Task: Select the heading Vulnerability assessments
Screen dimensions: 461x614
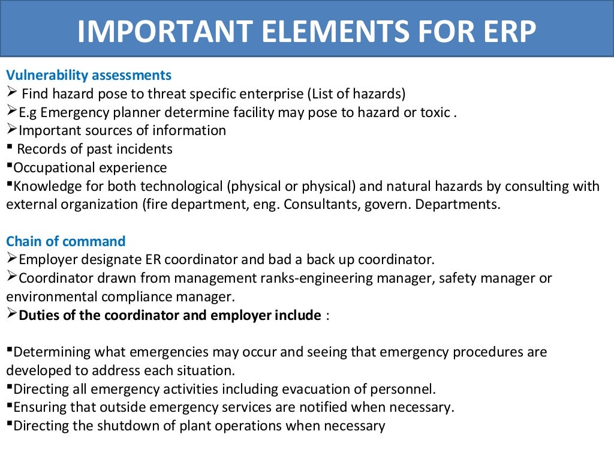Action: click(89, 76)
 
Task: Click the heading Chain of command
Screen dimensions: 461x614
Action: click(66, 241)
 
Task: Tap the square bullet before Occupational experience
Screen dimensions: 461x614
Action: click(10, 166)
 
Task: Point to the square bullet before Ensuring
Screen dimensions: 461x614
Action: click(10, 406)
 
